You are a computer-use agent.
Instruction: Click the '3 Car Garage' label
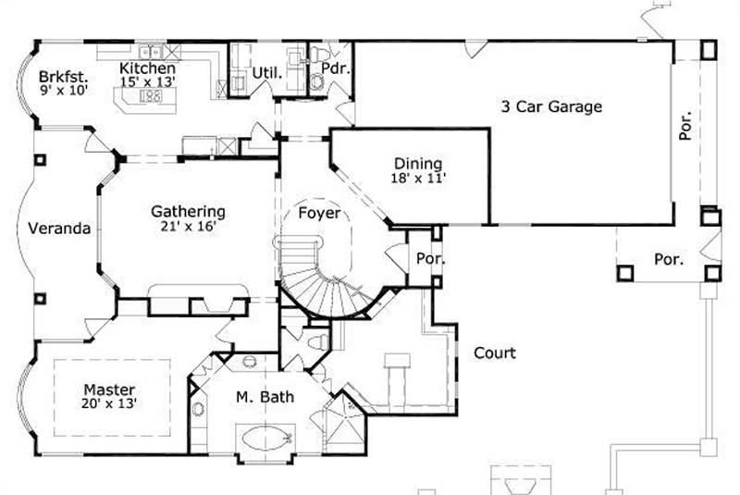(551, 106)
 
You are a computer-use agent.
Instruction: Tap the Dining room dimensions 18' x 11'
(418, 179)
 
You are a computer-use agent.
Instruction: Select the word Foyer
(318, 214)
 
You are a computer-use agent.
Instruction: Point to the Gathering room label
(188, 211)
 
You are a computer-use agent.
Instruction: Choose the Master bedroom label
(109, 389)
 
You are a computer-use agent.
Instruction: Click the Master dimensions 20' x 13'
(109, 403)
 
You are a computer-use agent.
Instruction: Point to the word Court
(495, 353)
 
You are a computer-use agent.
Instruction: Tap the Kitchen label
(147, 68)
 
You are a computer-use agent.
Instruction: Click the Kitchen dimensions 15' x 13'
(147, 81)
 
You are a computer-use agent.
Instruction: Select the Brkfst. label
(62, 77)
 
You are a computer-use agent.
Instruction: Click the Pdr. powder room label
(332, 68)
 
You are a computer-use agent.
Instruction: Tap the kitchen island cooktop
(151, 95)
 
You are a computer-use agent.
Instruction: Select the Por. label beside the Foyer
(430, 259)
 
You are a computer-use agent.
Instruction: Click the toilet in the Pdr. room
(316, 82)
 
